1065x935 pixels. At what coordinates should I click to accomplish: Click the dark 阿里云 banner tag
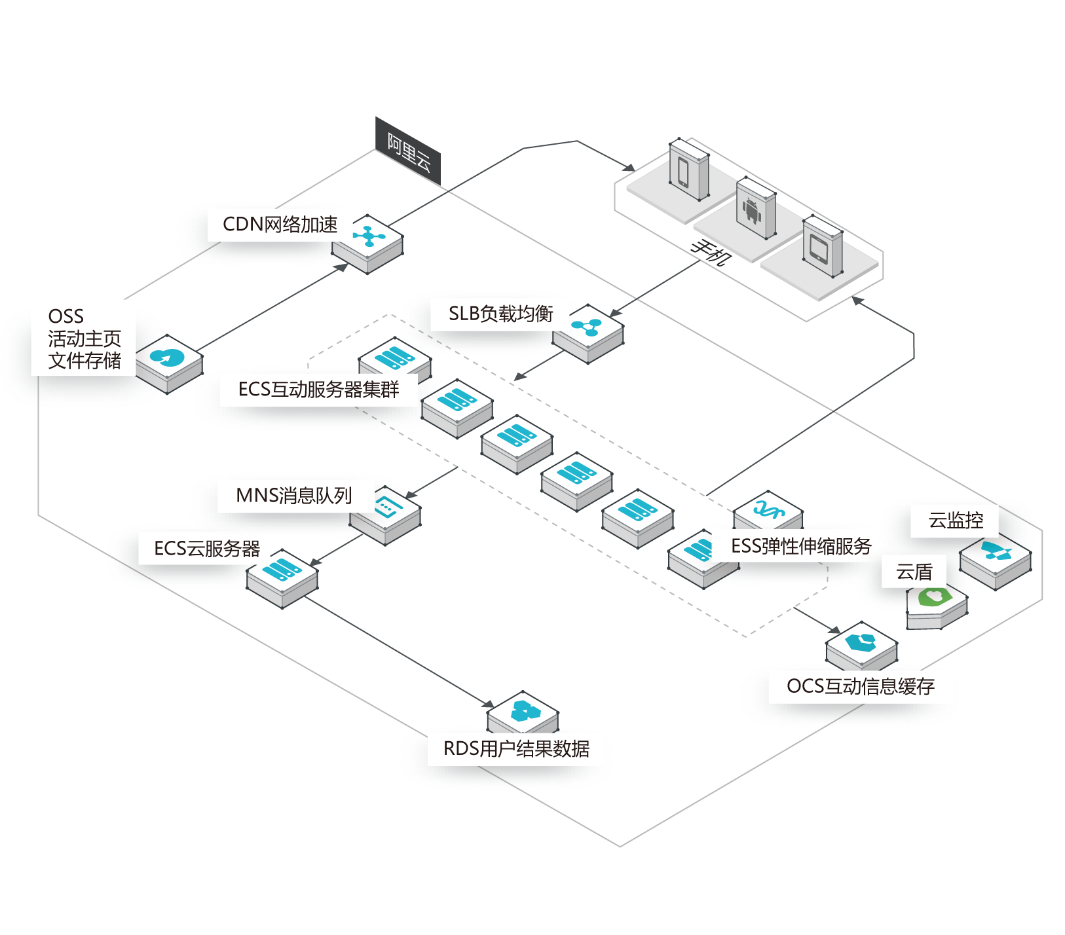click(408, 152)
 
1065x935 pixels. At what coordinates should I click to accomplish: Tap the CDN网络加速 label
click(280, 225)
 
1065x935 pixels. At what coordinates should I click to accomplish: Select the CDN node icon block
click(367, 242)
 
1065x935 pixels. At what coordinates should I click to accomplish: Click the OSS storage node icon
click(168, 362)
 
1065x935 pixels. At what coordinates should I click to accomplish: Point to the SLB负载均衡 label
click(500, 314)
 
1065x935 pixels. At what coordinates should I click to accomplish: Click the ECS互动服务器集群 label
click(318, 390)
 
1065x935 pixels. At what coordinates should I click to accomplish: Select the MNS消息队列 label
click(294, 496)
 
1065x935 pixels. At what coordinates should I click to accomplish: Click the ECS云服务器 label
click(207, 549)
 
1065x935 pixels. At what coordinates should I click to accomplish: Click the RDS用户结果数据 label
click(516, 748)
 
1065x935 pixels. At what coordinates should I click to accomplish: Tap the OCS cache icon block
click(861, 645)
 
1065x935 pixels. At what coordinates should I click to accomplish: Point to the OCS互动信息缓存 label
click(860, 686)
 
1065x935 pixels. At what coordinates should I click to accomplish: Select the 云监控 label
click(956, 521)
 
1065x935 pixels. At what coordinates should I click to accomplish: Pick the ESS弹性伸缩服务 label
click(800, 546)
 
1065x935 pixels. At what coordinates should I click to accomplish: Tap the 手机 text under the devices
click(710, 251)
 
